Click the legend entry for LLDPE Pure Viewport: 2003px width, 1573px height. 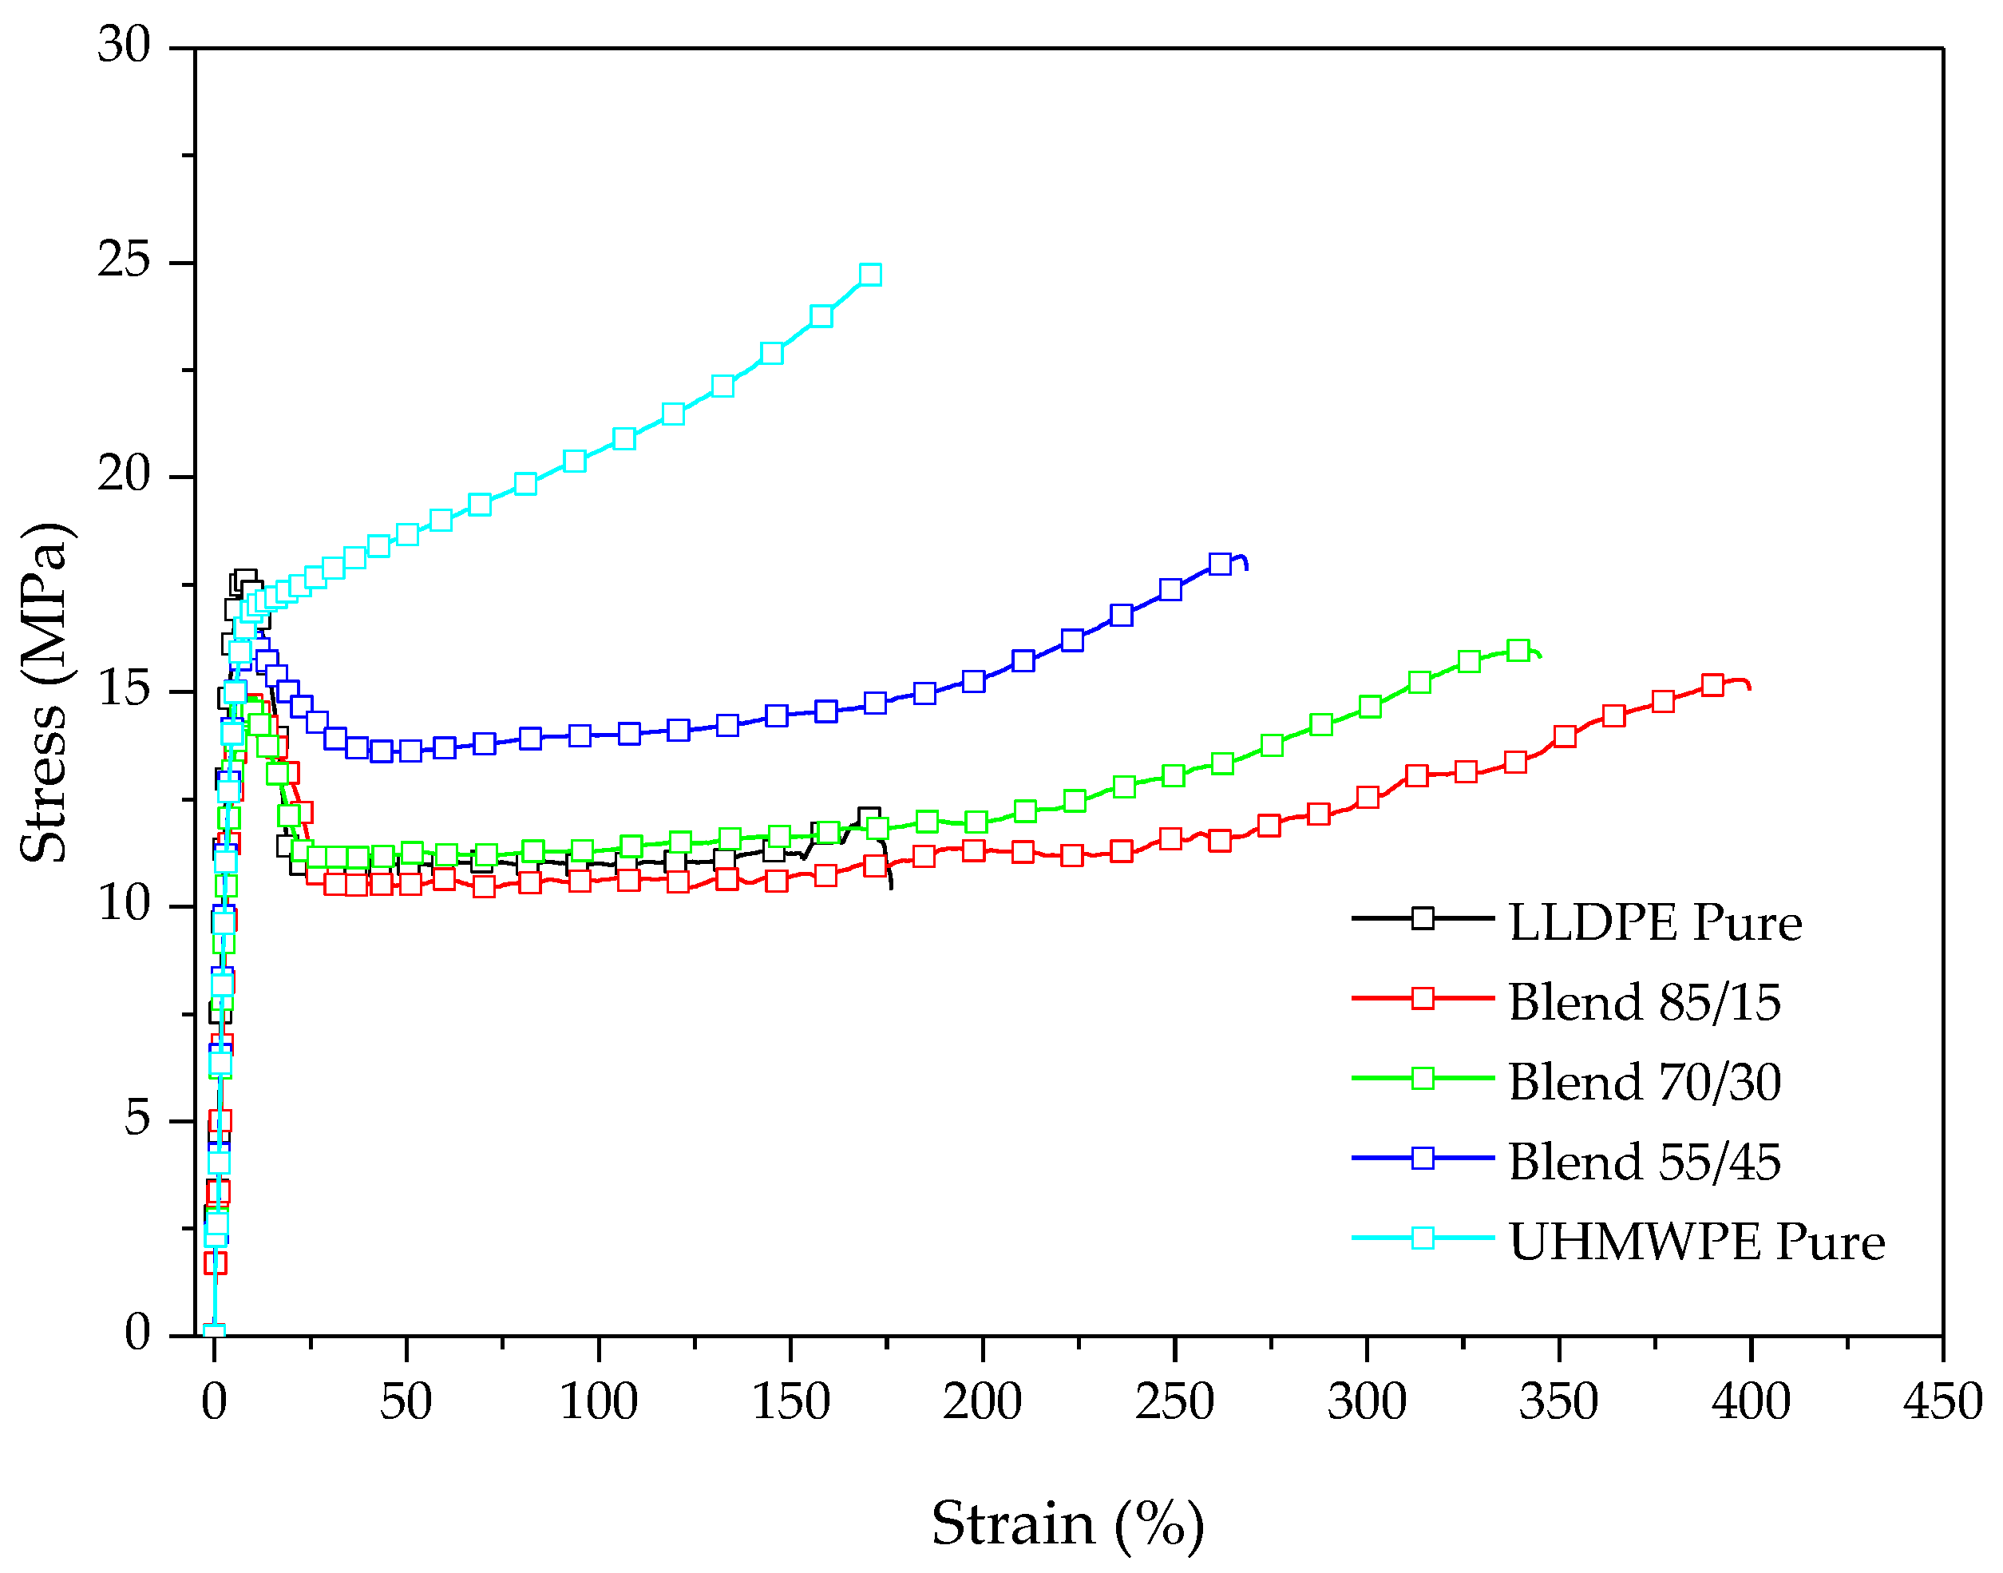pyautogui.click(x=1654, y=923)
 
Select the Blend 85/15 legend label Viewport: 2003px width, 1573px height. pyautogui.click(x=1644, y=1002)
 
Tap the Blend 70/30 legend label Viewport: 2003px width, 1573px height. pyautogui.click(x=1644, y=1082)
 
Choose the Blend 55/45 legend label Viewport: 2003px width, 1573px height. pyautogui.click(x=1644, y=1161)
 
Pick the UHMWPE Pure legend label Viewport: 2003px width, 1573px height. pyautogui.click(x=1696, y=1242)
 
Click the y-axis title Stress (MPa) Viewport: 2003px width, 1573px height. pyautogui.click(x=44, y=692)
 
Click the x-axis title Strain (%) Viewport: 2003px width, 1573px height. pyautogui.click(x=1067, y=1524)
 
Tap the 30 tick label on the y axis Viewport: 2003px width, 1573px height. pyautogui.click(x=125, y=46)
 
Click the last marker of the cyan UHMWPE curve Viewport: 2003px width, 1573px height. pyautogui.click(x=870, y=275)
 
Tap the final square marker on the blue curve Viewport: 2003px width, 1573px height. pyautogui.click(x=1219, y=564)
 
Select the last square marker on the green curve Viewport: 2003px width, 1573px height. pyautogui.click(x=1518, y=650)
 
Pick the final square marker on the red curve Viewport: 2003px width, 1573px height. pyautogui.click(x=1712, y=685)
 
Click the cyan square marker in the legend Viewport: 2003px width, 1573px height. pyautogui.click(x=1423, y=1238)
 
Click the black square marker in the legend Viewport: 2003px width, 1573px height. pyautogui.click(x=1423, y=918)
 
